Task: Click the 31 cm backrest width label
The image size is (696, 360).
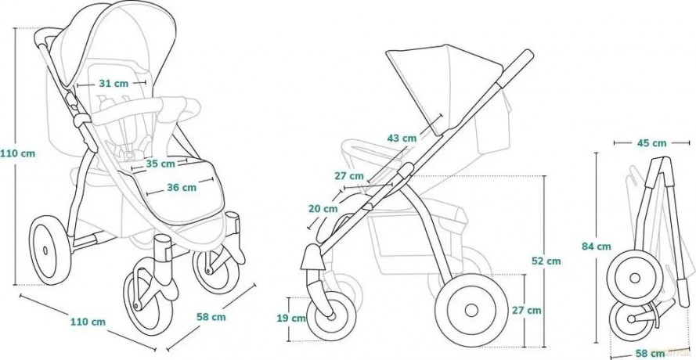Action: pos(114,84)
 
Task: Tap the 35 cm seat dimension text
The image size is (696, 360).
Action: pos(160,164)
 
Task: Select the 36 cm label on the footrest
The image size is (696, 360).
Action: pos(182,187)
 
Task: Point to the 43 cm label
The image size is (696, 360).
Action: pos(402,138)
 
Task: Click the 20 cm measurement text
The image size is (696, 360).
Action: pos(323,208)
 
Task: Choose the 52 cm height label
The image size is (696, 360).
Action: pos(546,261)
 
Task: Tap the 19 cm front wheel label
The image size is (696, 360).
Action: pos(291,318)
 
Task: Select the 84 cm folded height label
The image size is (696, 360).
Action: pos(597,247)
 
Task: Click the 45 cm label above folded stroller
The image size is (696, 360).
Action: pos(651,143)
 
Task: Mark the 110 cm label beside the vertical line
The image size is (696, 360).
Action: pos(17,153)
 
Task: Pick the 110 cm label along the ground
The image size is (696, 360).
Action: pos(88,322)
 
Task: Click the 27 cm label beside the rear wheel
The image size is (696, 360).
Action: pos(527,310)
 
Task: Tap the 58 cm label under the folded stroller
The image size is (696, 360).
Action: pos(651,354)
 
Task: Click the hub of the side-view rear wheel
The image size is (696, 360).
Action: pos(471,310)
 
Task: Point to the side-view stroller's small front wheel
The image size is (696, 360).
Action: pos(330,316)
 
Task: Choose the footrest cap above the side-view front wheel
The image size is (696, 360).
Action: pos(313,257)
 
